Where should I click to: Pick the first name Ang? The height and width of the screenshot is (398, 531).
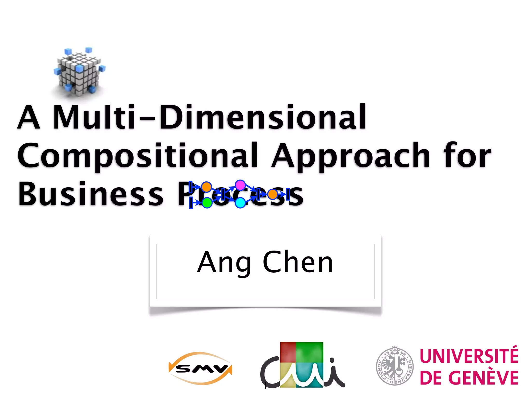coord(224,263)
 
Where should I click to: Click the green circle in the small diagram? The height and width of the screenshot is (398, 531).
coord(207,203)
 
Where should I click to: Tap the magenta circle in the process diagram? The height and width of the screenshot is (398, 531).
coord(240,185)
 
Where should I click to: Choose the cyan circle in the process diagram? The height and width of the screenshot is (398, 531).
coord(240,203)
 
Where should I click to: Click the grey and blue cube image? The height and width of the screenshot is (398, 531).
coord(79,71)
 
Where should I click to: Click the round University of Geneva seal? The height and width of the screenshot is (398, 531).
coord(395,366)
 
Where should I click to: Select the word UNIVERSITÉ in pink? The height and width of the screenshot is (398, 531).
coord(469,356)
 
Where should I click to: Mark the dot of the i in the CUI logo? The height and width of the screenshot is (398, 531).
coord(332,360)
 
